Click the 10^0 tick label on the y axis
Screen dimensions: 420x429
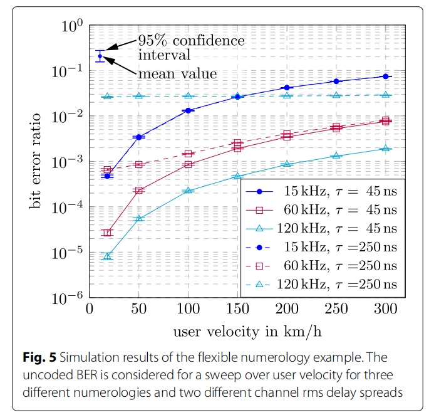coord(74,27)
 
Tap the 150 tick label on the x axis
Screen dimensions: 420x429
coord(238,311)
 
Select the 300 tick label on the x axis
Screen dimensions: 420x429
coord(386,311)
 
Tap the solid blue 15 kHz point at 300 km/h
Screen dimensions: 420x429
coord(386,76)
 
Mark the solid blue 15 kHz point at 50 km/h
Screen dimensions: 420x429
coord(139,137)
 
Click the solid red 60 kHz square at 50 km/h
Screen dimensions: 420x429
coord(139,190)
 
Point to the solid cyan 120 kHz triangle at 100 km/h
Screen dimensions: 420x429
coord(189,191)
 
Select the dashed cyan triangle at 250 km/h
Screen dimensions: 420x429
coord(337,95)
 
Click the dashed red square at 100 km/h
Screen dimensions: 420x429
coord(189,154)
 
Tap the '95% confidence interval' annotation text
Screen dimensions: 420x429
coord(191,48)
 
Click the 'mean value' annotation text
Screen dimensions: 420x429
coord(177,73)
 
